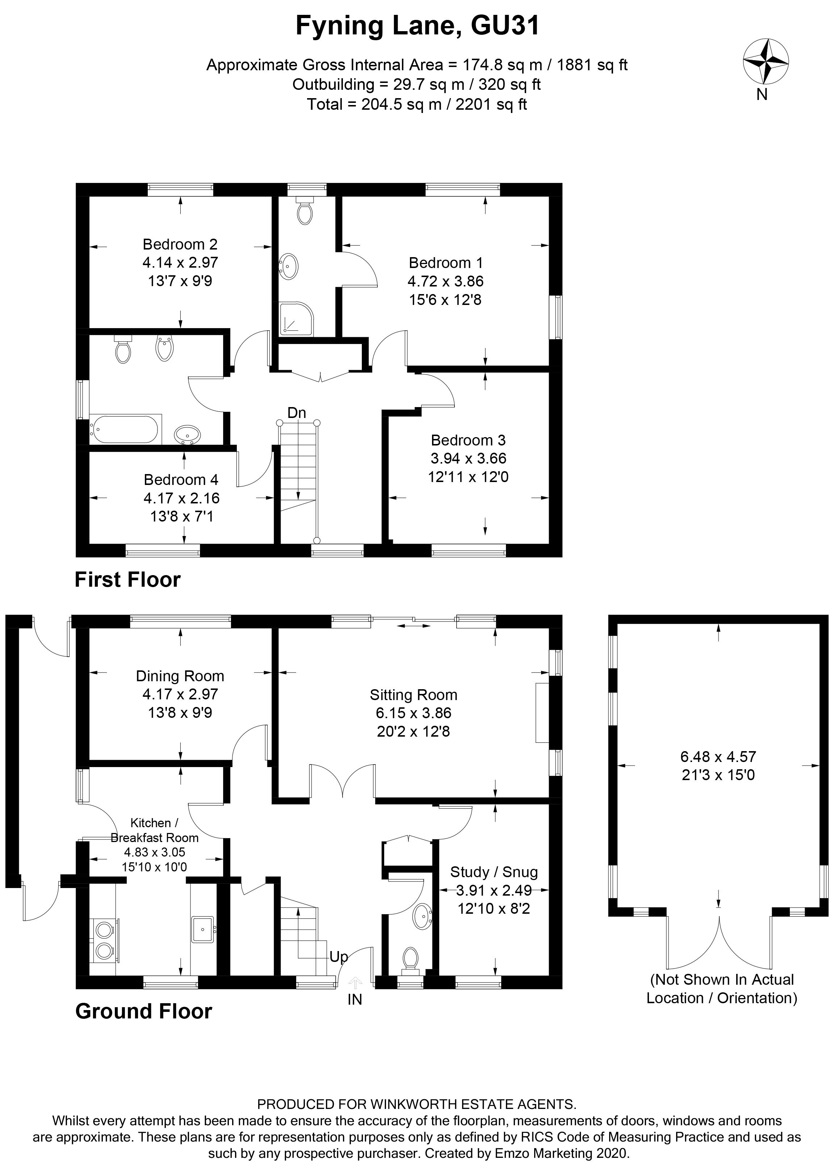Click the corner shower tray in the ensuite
tap(296, 319)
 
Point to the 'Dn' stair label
tap(296, 413)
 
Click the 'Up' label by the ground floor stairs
tap(339, 956)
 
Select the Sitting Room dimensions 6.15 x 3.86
tap(413, 713)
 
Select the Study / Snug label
tap(494, 872)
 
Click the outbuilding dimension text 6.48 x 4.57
tap(718, 757)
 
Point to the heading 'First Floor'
tap(128, 579)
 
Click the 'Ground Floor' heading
tap(144, 1011)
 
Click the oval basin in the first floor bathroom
tap(187, 435)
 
